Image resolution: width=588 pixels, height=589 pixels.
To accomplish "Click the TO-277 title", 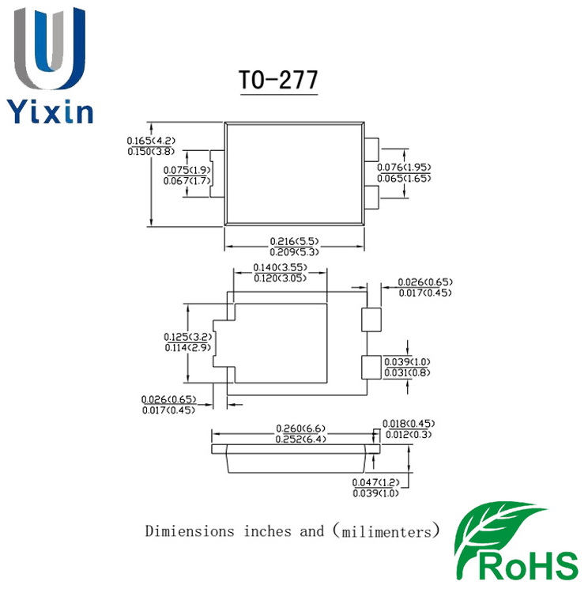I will (279, 81).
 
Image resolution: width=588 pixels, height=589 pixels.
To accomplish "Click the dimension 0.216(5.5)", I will (293, 241).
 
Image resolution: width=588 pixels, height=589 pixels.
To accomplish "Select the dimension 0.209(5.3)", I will (293, 251).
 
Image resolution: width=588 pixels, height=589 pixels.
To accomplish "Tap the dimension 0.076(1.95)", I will (403, 168).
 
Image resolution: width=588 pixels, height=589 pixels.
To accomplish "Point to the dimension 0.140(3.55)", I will (281, 268).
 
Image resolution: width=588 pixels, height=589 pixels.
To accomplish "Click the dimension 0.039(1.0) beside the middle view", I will (408, 361).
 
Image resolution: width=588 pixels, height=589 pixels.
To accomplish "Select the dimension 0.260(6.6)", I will (300, 429).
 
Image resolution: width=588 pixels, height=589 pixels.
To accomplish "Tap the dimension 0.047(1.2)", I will (375, 482).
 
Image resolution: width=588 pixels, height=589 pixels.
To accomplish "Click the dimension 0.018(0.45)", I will (409, 424).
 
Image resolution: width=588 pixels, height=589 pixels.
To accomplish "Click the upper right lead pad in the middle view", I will (371, 320).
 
